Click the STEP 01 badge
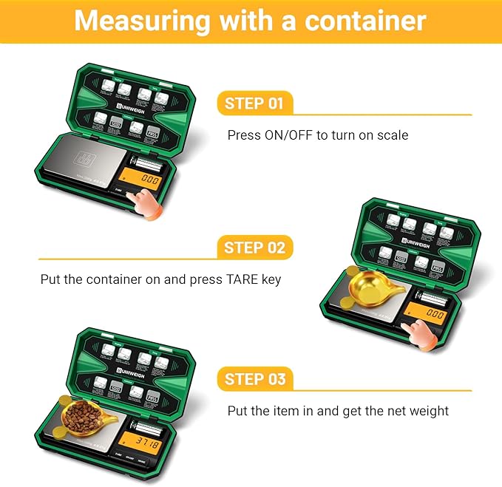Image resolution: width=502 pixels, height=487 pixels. [x=254, y=103]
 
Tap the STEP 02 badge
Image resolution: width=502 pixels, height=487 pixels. [x=254, y=248]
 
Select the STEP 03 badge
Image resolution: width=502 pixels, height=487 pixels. [x=254, y=379]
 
